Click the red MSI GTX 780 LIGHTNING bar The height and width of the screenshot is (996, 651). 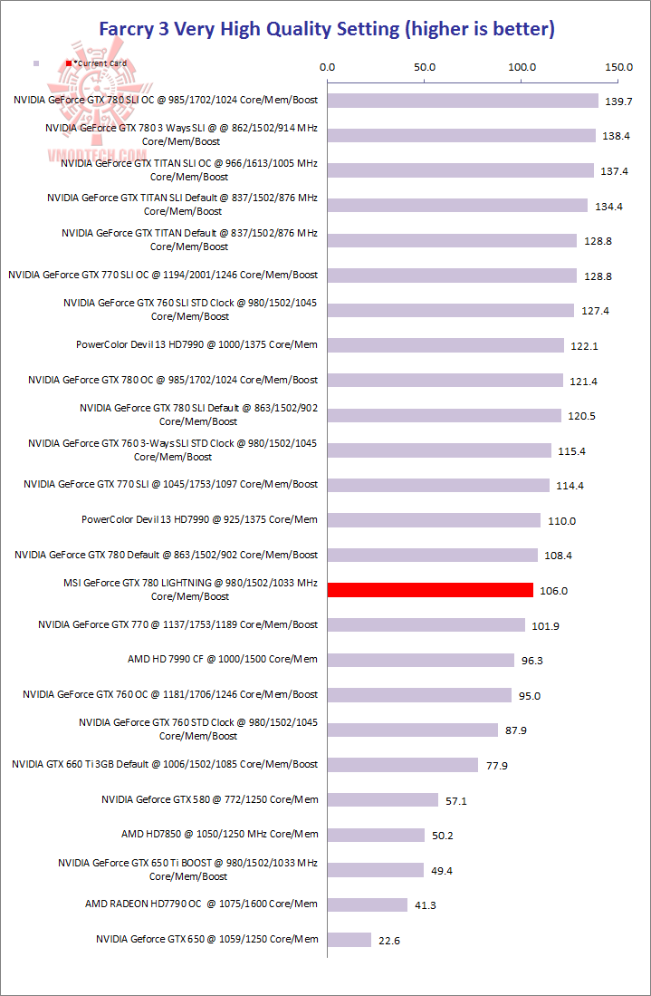pyautogui.click(x=430, y=590)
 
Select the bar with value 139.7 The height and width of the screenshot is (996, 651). pyautogui.click(x=463, y=101)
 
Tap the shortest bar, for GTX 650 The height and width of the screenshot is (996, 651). pyautogui.click(x=349, y=940)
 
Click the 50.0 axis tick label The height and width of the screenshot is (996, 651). pyautogui.click(x=425, y=66)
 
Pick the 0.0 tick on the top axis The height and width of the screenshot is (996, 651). pyautogui.click(x=328, y=66)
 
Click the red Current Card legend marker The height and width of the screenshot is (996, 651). pyautogui.click(x=68, y=63)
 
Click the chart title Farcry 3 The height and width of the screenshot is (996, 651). pyautogui.click(x=325, y=29)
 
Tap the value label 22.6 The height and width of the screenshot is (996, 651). pyautogui.click(x=389, y=941)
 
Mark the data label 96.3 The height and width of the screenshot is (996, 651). pyautogui.click(x=532, y=661)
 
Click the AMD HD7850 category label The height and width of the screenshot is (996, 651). pyautogui.click(x=219, y=834)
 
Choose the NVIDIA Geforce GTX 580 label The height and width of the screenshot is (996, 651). pyautogui.click(x=209, y=799)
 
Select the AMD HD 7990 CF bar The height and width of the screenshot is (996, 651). pyautogui.click(x=421, y=660)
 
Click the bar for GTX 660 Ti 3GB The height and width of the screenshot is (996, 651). pyautogui.click(x=403, y=765)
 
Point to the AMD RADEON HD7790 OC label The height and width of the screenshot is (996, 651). pyautogui.click(x=201, y=904)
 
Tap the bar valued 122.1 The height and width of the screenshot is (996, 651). pyautogui.click(x=445, y=345)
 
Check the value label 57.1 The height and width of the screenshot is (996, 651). pyautogui.click(x=455, y=801)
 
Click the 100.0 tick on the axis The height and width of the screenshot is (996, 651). pyautogui.click(x=522, y=66)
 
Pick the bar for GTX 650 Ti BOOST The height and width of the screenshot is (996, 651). pyautogui.click(x=376, y=870)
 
